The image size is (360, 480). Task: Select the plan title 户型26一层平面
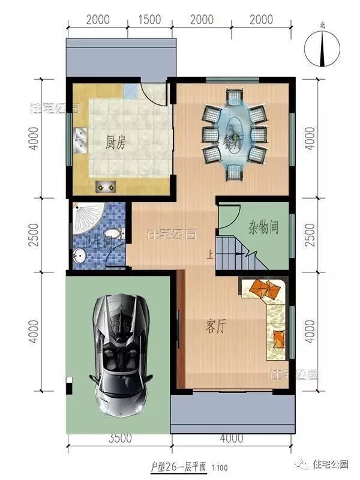tap(178, 466)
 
